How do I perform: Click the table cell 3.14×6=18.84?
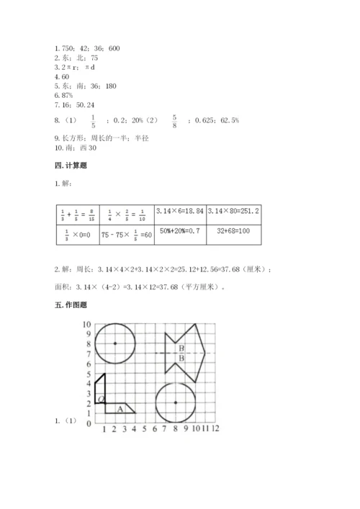(x=179, y=212)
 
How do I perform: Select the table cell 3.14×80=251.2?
(x=233, y=212)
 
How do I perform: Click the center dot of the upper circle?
(x=114, y=343)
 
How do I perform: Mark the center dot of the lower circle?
(x=175, y=402)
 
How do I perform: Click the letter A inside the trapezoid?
(x=120, y=409)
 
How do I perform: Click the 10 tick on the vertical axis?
(x=86, y=325)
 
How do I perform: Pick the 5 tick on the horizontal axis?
(x=145, y=429)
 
